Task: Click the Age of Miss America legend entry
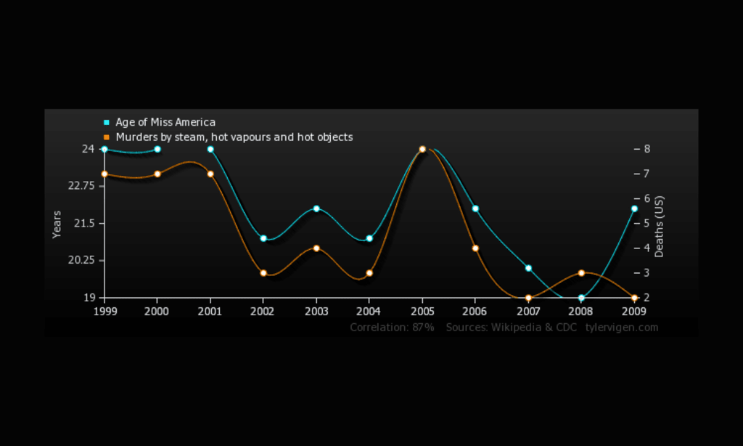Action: [x=165, y=122]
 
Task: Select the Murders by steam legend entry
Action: [x=234, y=137]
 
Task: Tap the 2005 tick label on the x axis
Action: [x=422, y=311]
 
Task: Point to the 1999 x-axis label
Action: [x=104, y=311]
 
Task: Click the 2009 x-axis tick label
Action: [x=633, y=311]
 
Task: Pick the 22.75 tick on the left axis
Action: [x=81, y=186]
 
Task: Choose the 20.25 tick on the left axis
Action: [x=81, y=260]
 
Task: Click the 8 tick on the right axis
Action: [x=646, y=149]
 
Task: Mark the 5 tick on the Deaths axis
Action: [x=646, y=223]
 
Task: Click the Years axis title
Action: [x=57, y=224]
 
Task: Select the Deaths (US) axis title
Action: [x=660, y=226]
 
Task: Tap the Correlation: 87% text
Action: [x=392, y=328]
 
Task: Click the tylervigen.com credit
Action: [x=622, y=328]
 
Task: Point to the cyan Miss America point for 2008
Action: [x=581, y=298]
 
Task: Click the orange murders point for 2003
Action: [x=316, y=248]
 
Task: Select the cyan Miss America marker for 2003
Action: [x=316, y=208]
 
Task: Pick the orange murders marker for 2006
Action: [x=475, y=248]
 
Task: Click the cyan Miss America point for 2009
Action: [x=634, y=208]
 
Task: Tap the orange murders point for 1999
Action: [x=104, y=174]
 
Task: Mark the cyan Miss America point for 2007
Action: [x=528, y=268]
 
